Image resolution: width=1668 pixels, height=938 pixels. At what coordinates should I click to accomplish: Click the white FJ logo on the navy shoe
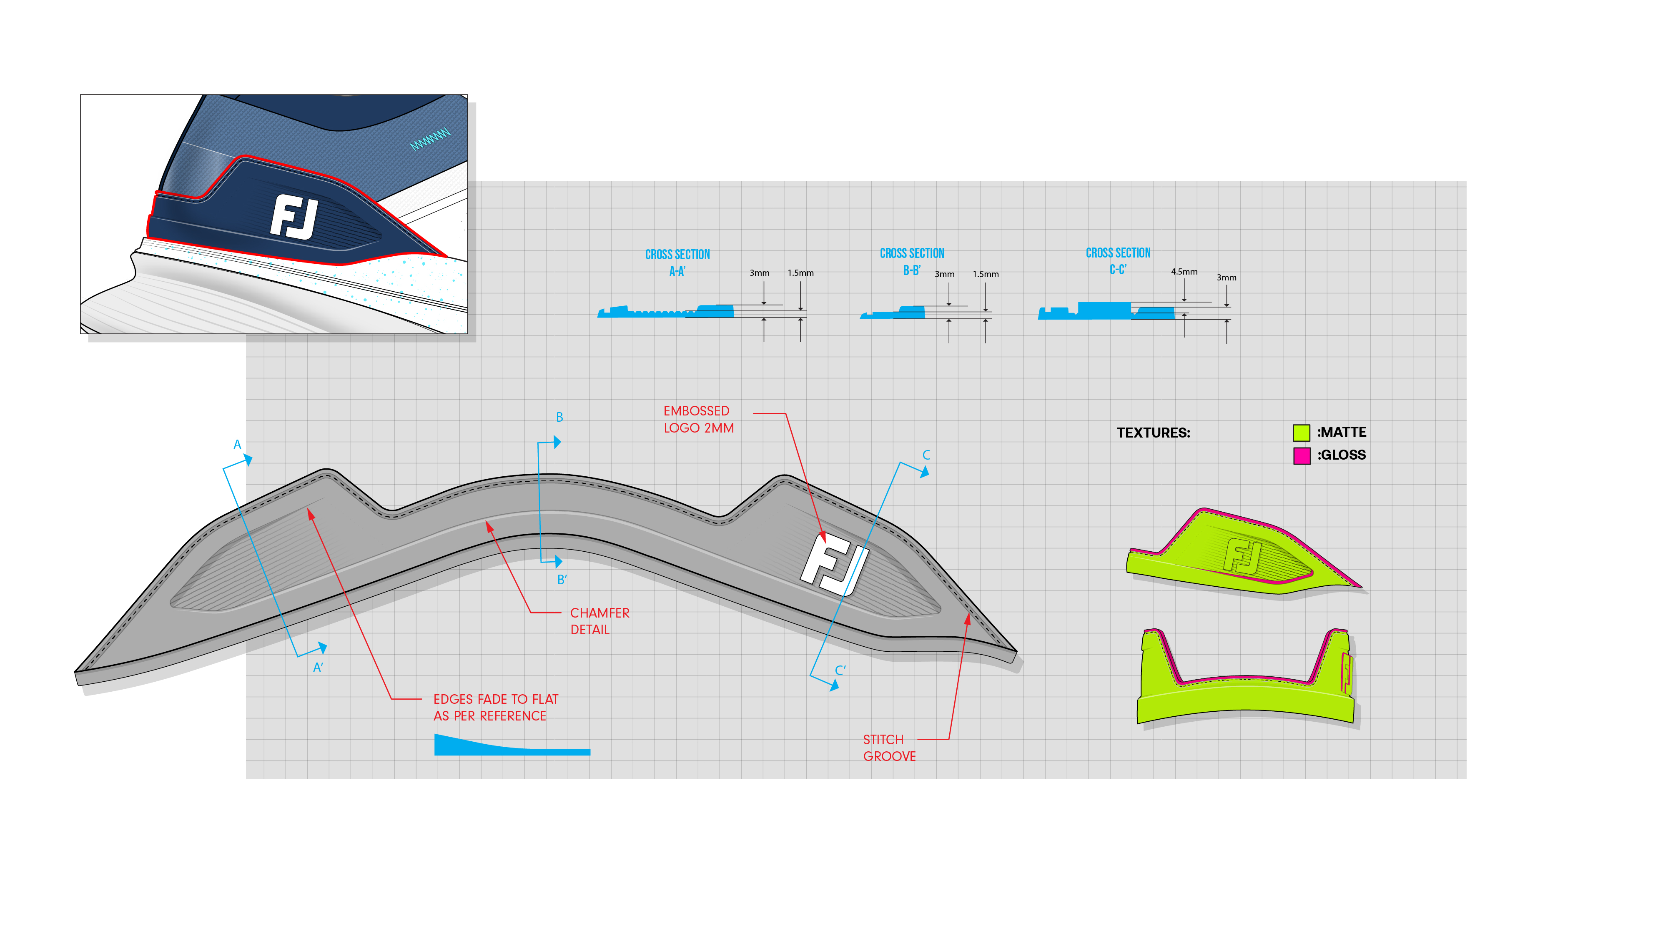(x=294, y=218)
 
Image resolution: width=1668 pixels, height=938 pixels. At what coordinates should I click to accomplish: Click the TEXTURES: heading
(x=1153, y=433)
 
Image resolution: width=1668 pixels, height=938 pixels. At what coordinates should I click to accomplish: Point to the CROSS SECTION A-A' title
(x=677, y=262)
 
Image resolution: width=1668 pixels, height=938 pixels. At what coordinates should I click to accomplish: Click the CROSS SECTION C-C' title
(x=1118, y=260)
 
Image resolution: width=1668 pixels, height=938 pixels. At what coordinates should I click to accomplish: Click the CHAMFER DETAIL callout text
(x=599, y=621)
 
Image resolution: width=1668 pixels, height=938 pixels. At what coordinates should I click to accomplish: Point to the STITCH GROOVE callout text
(x=889, y=748)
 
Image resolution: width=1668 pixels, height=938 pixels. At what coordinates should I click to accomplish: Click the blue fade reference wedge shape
(x=492, y=746)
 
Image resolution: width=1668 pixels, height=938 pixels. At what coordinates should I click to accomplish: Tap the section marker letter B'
(x=562, y=580)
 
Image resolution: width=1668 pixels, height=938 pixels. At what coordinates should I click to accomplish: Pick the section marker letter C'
(x=840, y=670)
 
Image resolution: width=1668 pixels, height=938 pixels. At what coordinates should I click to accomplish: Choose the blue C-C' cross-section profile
(x=1106, y=311)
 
